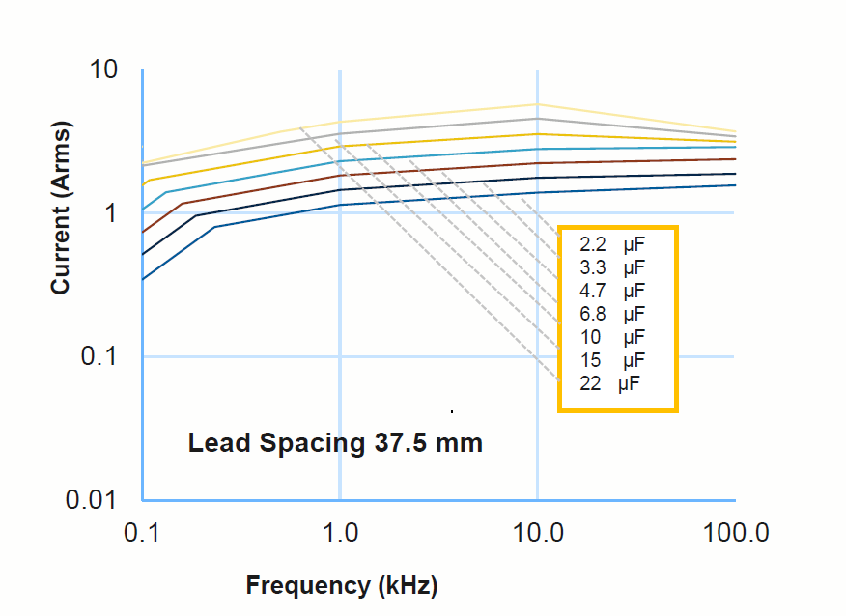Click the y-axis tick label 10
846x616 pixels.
(x=103, y=70)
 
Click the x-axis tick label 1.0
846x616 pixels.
(x=339, y=533)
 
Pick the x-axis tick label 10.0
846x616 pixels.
(x=537, y=533)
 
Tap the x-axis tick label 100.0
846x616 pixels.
(x=734, y=533)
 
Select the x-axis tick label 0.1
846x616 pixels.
(x=142, y=533)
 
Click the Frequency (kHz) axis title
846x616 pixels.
(x=342, y=585)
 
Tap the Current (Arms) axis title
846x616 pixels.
(x=61, y=208)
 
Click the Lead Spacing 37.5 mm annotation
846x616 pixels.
(x=335, y=444)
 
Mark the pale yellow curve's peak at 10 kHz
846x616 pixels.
(x=537, y=104)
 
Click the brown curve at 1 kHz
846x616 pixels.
(x=340, y=175)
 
